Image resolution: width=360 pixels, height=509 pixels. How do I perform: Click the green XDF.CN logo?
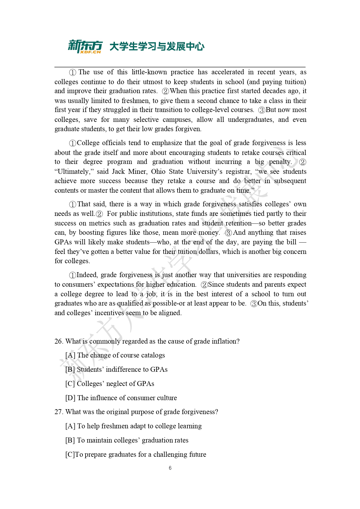pos(85,46)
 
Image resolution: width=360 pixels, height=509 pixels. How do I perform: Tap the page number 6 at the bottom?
pos(170,468)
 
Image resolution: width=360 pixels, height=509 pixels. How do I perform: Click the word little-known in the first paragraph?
pos(149,72)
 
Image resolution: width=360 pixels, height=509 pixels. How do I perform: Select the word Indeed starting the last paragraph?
pos(87,275)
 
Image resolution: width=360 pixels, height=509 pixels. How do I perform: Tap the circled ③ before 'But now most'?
pos(262,110)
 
